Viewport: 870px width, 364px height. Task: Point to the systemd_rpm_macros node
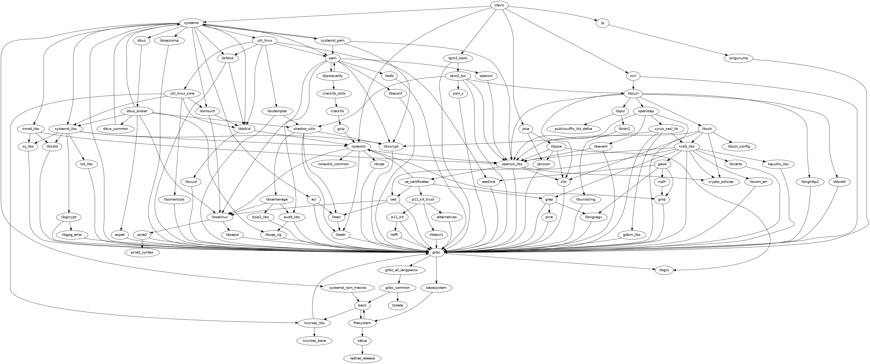348,288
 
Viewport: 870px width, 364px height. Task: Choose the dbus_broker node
137,111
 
